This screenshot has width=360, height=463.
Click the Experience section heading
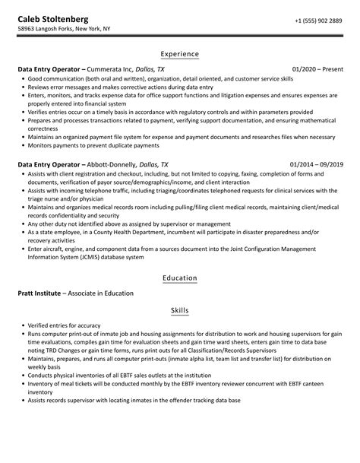179,55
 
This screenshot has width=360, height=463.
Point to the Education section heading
179,278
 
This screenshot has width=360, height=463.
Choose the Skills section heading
179,312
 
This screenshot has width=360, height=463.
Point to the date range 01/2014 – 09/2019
315,163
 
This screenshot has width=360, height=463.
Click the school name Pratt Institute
39,293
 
